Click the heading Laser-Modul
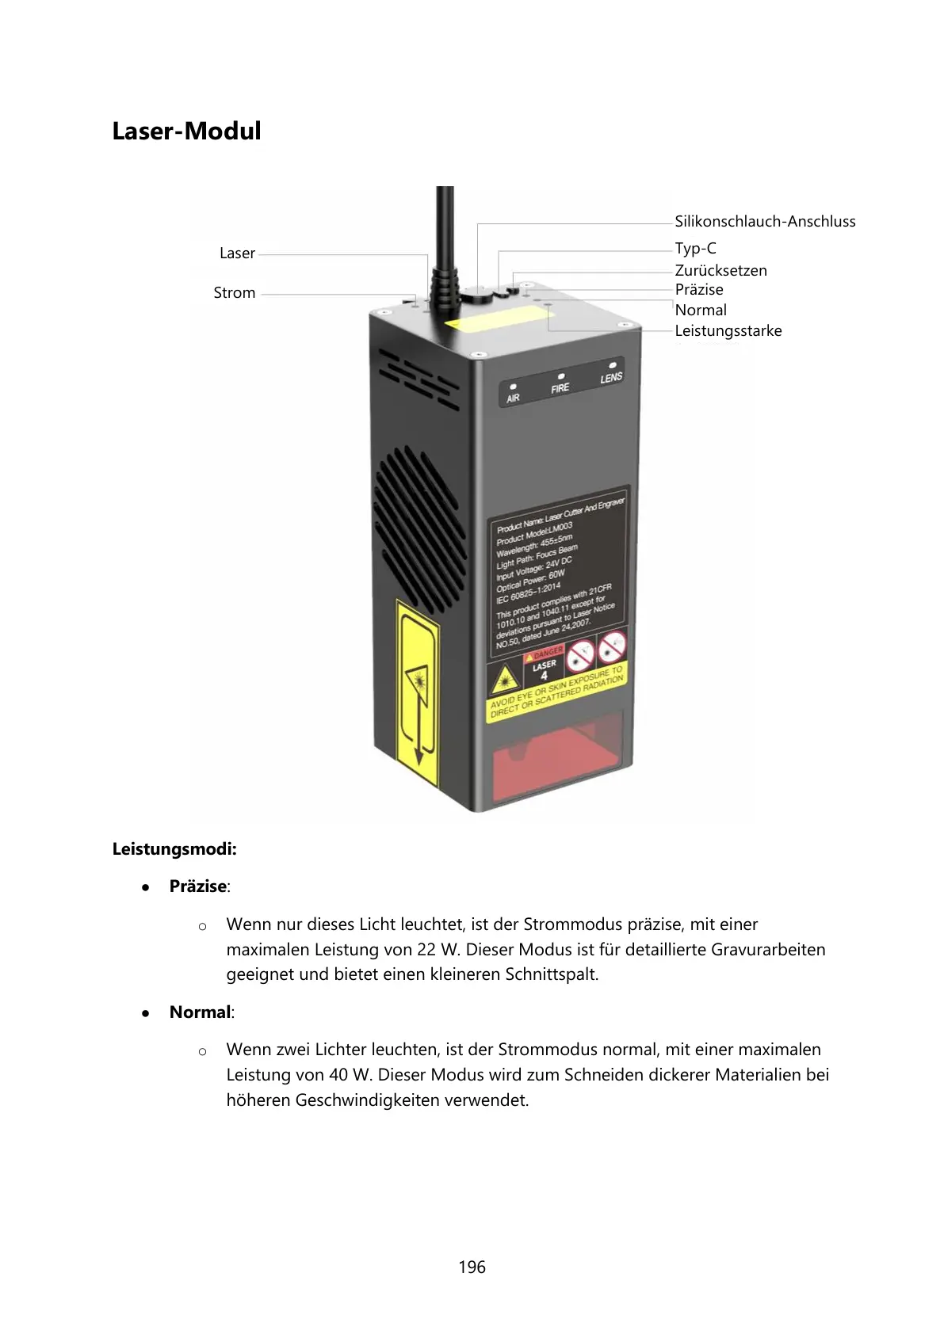pos(186,131)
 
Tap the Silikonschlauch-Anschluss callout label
pos(765,222)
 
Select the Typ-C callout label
pos(695,249)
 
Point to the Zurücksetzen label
pos(720,271)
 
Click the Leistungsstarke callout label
pos(728,331)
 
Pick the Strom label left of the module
pos(235,293)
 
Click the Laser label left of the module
pos(237,253)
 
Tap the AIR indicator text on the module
pos(513,398)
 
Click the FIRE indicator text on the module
pos(560,388)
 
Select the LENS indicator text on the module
pos(611,378)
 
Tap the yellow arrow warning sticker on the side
pos(418,693)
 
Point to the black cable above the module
pos(445,230)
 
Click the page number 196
pos(472,1267)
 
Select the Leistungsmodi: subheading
pos(174,850)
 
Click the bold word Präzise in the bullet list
pos(198,887)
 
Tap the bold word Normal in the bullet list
pos(200,1012)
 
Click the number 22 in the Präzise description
pos(426,950)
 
